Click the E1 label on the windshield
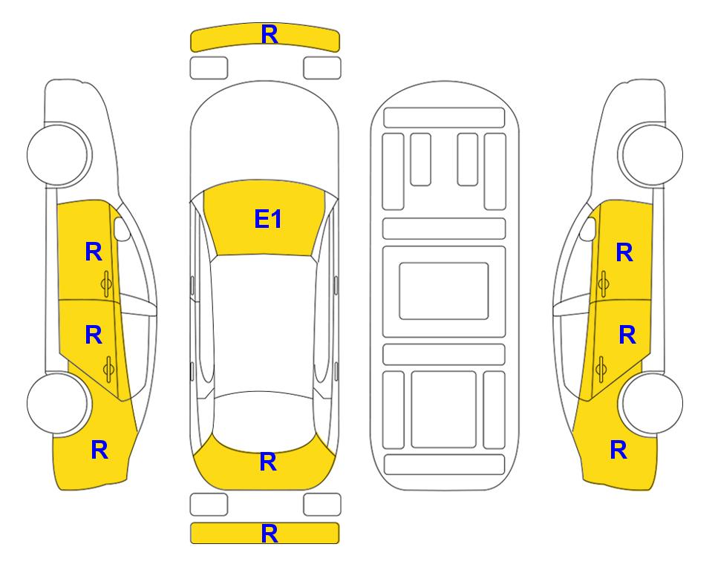click(268, 219)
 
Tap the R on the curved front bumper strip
click(270, 34)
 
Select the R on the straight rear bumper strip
click(270, 534)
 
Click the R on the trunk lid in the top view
click(268, 462)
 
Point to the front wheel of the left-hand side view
click(58, 154)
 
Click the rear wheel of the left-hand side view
click(58, 403)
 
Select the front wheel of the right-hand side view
click(652, 154)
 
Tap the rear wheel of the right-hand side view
click(652, 403)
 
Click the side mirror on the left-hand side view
click(122, 229)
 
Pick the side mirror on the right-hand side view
click(588, 229)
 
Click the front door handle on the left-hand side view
click(107, 284)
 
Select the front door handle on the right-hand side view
click(604, 284)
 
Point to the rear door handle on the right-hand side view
click(601, 370)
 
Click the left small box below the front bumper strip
click(209, 68)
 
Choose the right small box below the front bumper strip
click(322, 68)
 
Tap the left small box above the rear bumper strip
click(209, 505)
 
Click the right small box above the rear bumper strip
click(322, 505)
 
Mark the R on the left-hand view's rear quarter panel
click(99, 450)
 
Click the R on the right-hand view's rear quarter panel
click(618, 450)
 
